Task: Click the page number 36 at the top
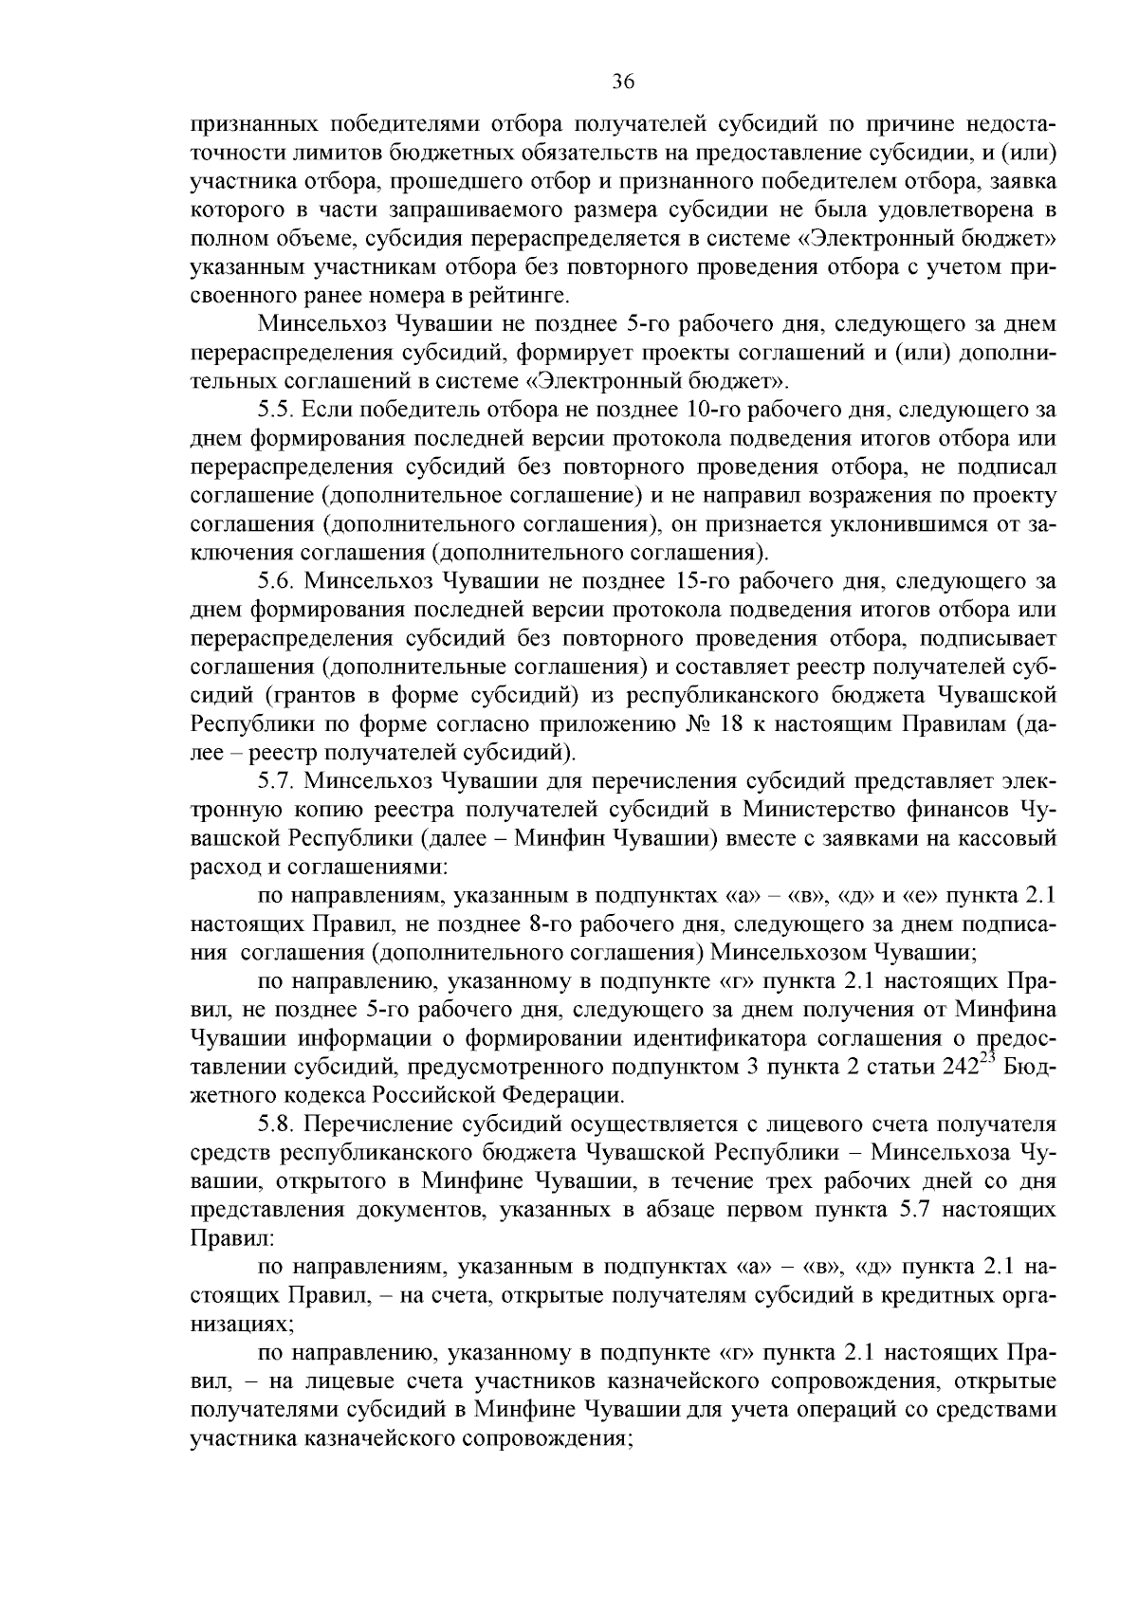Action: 622,82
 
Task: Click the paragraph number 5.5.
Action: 276,411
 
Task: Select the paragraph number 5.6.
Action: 276,580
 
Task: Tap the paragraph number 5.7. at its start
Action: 277,781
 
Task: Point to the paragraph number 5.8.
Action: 277,1124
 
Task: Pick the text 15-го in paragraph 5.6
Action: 707,580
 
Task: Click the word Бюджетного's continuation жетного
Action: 233,1096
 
